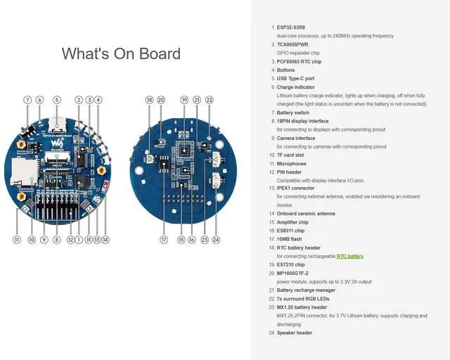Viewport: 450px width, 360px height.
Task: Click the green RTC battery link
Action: (x=349, y=257)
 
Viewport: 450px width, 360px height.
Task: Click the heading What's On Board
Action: (x=121, y=54)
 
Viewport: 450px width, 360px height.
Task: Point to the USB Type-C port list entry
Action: (x=295, y=79)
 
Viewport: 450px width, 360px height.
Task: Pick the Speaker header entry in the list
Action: (x=295, y=333)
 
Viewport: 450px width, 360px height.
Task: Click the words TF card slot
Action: (x=291, y=155)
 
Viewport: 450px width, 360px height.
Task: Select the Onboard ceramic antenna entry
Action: (x=306, y=214)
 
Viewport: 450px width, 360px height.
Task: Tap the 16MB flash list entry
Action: (x=290, y=239)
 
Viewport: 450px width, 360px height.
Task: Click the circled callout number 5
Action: (x=57, y=100)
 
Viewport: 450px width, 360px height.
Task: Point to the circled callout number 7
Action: (x=27, y=100)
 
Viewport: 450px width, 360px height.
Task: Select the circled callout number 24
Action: (x=216, y=240)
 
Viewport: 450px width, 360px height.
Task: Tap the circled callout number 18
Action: (x=149, y=100)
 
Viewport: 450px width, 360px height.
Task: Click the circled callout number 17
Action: (x=164, y=240)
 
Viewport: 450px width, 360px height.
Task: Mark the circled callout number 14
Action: (x=105, y=240)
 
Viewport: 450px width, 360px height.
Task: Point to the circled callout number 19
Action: (x=184, y=100)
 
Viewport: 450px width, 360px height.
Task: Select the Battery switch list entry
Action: (x=292, y=112)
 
